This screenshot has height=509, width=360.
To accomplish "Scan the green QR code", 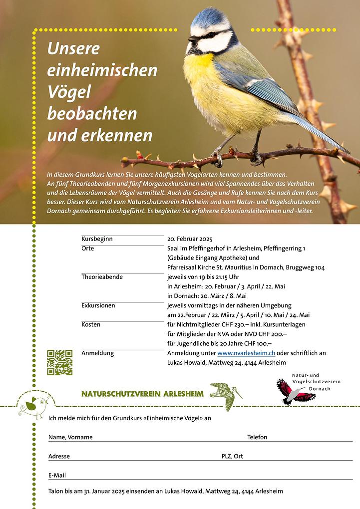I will click(x=60, y=363).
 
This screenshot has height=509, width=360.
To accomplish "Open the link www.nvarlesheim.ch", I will click(x=246, y=353).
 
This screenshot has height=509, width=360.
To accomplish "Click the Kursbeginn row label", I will click(x=97, y=239).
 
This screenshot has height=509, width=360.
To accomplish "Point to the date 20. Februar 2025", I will click(x=190, y=239).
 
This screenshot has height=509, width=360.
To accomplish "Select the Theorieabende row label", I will click(x=102, y=277).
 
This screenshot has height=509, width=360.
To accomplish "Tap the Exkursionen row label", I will click(x=98, y=305).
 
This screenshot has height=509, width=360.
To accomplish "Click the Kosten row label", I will click(x=91, y=324).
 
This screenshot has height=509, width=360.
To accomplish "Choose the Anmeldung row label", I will click(x=97, y=353).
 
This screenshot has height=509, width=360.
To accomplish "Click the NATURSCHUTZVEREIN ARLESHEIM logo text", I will click(x=142, y=394).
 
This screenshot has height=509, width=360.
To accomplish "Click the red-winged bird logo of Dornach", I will click(x=295, y=391).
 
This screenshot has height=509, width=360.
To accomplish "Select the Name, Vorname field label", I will click(x=70, y=437).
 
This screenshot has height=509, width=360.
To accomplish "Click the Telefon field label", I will click(x=257, y=437).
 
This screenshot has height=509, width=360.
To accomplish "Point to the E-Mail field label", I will click(x=57, y=475).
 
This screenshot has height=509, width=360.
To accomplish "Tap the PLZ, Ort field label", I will click(x=232, y=456).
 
